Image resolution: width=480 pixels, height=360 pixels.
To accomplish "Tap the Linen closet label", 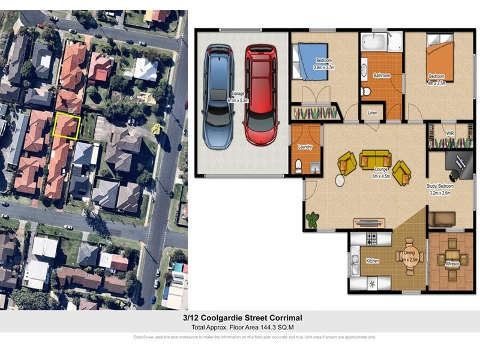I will [372, 113].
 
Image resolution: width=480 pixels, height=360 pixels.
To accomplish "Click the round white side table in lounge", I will [340, 179].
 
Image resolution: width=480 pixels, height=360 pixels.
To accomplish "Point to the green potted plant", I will [312, 220].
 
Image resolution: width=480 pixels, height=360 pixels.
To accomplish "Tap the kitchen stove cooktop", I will [370, 238].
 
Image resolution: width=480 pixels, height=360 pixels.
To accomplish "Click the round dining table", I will [410, 256].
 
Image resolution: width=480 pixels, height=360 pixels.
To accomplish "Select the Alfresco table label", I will [453, 263].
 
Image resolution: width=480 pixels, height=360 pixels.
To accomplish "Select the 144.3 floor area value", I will [260, 326].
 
